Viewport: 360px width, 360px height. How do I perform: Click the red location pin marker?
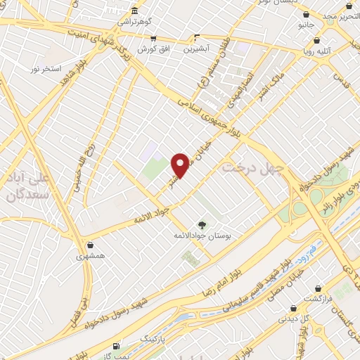(181, 165)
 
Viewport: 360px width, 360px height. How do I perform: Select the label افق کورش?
(151, 49)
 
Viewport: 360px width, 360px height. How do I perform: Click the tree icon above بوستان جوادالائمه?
(202, 224)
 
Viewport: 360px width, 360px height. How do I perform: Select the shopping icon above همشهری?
(91, 246)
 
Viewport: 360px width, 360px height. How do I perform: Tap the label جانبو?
(304, 25)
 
